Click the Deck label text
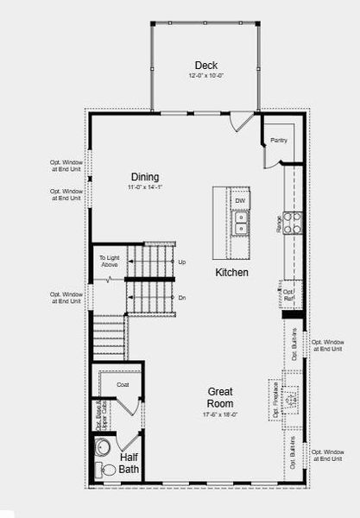(206, 65)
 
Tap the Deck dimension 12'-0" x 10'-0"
(206, 76)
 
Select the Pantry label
(278, 140)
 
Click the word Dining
(145, 177)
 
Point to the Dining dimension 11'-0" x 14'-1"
(145, 188)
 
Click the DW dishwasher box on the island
(240, 200)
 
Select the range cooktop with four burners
(293, 224)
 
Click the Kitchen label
(232, 273)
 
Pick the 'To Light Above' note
(109, 261)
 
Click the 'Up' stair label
(181, 262)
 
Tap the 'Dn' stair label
(181, 298)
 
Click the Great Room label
(220, 397)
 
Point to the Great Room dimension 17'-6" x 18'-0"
(220, 414)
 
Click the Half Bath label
(129, 464)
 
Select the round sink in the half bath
(104, 447)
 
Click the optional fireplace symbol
(292, 399)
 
